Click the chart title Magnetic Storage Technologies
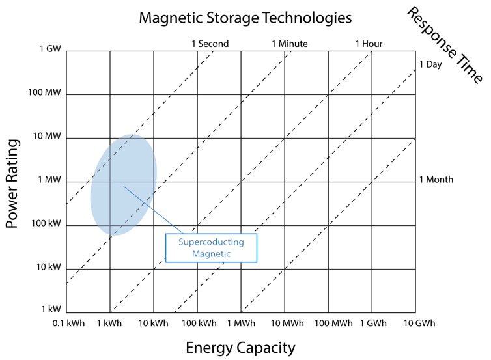pyautogui.click(x=245, y=18)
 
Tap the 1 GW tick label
pyautogui.click(x=50, y=49)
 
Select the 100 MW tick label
pyautogui.click(x=44, y=92)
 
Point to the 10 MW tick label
pyautogui.click(x=47, y=136)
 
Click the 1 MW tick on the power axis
pyautogui.click(x=49, y=180)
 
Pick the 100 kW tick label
pyautogui.click(x=46, y=223)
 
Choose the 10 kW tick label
pyautogui.click(x=49, y=267)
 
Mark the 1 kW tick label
pyautogui.click(x=51, y=309)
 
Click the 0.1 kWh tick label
pyautogui.click(x=68, y=323)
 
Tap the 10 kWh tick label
pyautogui.click(x=153, y=323)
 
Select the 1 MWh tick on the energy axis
pyautogui.click(x=241, y=323)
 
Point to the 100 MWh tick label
pyautogui.click(x=333, y=323)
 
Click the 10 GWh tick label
pyautogui.click(x=419, y=323)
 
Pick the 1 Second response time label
pyautogui.click(x=210, y=44)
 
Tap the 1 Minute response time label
pyautogui.click(x=290, y=44)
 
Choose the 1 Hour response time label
pyautogui.click(x=369, y=44)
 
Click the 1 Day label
pyautogui.click(x=430, y=65)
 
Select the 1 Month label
pyautogui.click(x=436, y=180)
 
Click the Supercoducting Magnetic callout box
pyautogui.click(x=211, y=248)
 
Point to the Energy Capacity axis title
pyautogui.click(x=240, y=348)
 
